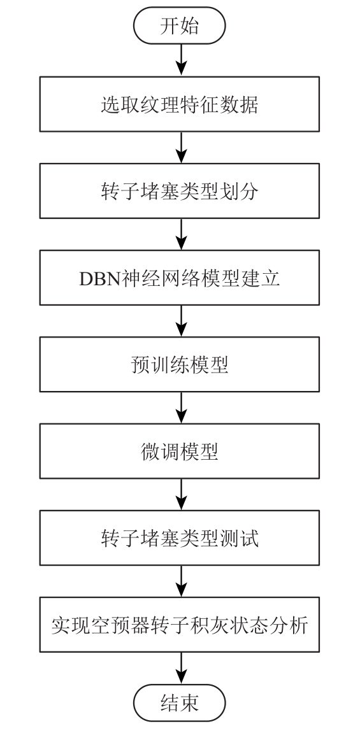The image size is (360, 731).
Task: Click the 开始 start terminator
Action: (180, 25)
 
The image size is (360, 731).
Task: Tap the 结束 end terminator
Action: (180, 702)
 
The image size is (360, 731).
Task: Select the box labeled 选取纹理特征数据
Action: (180, 104)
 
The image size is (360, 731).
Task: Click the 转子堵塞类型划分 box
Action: (180, 191)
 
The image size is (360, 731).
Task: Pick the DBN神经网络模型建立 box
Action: (180, 278)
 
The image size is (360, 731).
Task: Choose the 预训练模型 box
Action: (180, 365)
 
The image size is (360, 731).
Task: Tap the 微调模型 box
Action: (180, 451)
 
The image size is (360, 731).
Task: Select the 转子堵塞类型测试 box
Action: (180, 538)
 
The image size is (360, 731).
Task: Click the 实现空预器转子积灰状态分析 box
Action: (180, 625)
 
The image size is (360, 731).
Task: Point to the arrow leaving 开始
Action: (180, 60)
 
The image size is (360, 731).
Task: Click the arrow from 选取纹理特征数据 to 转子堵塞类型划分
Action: (180, 147)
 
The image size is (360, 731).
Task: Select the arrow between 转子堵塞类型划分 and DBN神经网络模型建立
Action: (180, 234)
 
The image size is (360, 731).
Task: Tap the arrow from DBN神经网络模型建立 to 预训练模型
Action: (180, 321)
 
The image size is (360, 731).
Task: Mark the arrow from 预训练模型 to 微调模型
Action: (180, 408)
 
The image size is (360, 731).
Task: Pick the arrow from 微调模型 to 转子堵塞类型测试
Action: (180, 494)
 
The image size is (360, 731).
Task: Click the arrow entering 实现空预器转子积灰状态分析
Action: (180, 581)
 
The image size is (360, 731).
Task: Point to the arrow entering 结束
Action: (180, 667)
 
